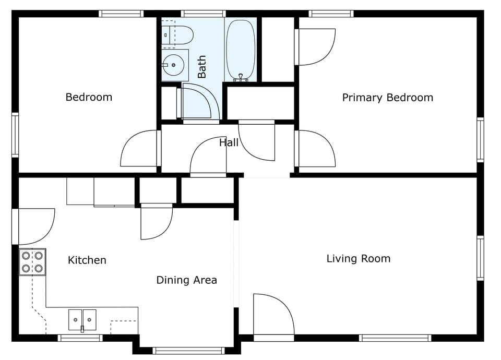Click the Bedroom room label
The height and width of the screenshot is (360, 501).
click(x=89, y=97)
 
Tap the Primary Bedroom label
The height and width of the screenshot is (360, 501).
click(x=387, y=98)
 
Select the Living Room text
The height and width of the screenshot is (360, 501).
click(x=358, y=258)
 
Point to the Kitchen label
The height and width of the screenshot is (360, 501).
click(x=87, y=260)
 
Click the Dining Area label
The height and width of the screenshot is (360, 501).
click(x=186, y=280)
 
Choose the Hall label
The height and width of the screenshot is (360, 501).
click(x=229, y=142)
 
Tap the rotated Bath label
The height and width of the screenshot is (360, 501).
click(x=202, y=67)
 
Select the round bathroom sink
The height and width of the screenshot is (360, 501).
click(x=174, y=65)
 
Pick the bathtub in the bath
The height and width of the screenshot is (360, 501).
click(x=240, y=50)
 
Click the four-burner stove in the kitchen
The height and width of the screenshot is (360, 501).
click(x=32, y=262)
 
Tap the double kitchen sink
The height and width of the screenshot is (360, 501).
click(x=82, y=319)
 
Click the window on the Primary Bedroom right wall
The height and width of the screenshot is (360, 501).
click(x=480, y=139)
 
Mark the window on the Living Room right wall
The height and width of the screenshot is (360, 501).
click(x=480, y=258)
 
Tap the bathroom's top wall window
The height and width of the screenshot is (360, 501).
click(x=203, y=14)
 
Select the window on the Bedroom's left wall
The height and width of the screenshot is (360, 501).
click(x=15, y=135)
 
